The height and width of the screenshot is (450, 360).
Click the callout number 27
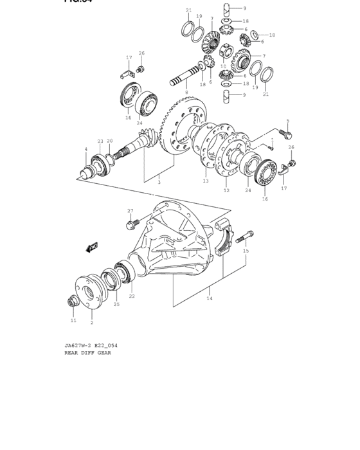[x=130, y=211]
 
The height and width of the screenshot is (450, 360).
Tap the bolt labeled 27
[x=132, y=224]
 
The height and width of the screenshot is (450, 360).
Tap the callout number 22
[x=132, y=296]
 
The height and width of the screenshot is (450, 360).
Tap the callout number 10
[x=223, y=66]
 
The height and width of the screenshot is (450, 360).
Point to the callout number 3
[x=159, y=182]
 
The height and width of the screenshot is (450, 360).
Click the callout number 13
[x=206, y=181]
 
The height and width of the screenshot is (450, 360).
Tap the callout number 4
[x=85, y=150]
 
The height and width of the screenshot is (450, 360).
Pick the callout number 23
[x=100, y=141]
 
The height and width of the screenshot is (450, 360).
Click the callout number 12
[x=226, y=190]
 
